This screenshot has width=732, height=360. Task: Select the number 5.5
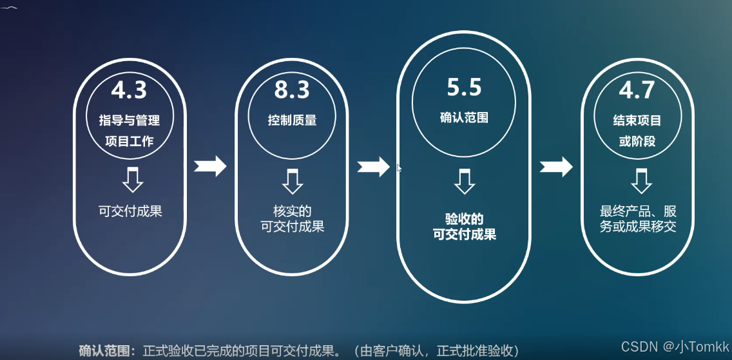click(x=464, y=87)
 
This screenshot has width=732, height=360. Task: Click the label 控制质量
click(x=292, y=120)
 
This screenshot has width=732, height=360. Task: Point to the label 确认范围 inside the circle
click(x=464, y=118)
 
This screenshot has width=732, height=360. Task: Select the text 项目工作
click(x=130, y=140)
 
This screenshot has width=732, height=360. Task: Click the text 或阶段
click(x=637, y=140)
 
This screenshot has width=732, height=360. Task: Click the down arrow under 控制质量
click(x=293, y=180)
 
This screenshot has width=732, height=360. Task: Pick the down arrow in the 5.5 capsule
click(x=464, y=180)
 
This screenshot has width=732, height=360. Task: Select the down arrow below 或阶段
click(x=640, y=180)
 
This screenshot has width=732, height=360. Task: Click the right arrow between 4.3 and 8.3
click(x=210, y=166)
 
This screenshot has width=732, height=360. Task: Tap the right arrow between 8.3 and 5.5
click(x=374, y=166)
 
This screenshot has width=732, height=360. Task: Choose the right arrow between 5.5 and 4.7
click(x=556, y=166)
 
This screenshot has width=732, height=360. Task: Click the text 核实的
click(x=292, y=211)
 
